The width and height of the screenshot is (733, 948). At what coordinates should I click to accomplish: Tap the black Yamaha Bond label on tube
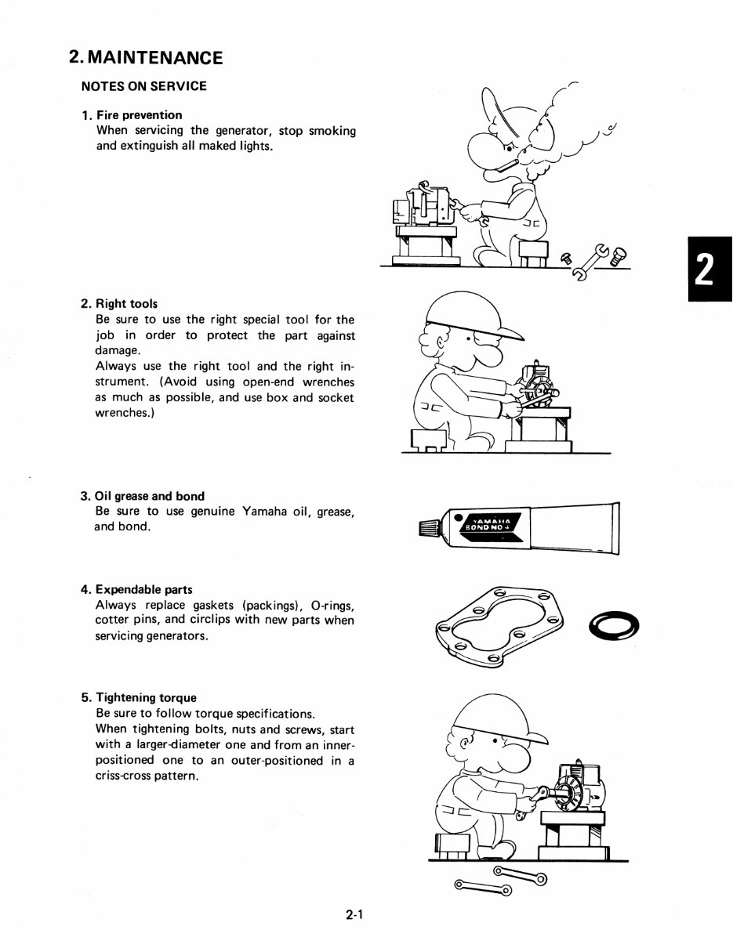[489, 523]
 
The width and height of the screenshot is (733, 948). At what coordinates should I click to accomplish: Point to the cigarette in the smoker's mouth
[507, 162]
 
